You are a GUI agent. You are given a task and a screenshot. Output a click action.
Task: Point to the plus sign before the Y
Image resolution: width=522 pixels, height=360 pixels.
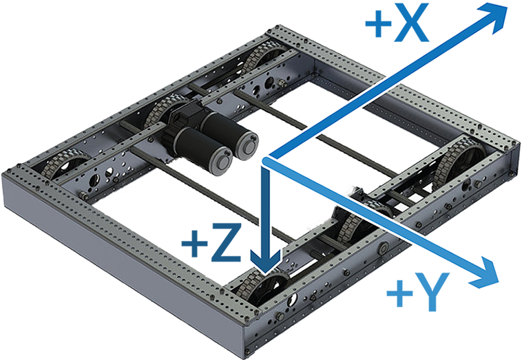pos(399,293)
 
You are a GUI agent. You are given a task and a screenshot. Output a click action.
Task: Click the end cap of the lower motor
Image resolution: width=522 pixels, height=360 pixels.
pos(221,161)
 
